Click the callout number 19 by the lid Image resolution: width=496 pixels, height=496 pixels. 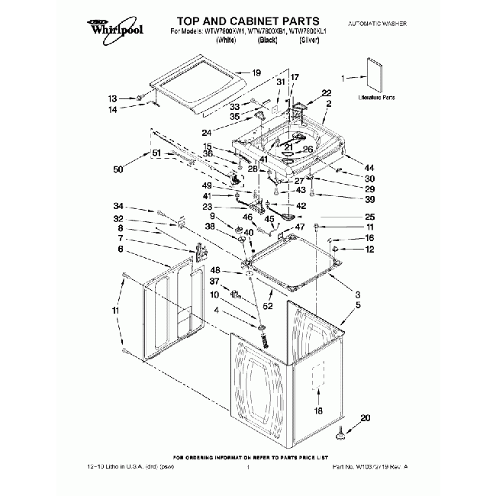pyautogui.click(x=256, y=73)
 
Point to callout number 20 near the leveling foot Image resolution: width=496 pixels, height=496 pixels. pyautogui.click(x=365, y=417)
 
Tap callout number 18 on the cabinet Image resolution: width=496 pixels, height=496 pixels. pyautogui.click(x=319, y=411)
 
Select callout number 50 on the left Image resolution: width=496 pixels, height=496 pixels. pyautogui.click(x=118, y=169)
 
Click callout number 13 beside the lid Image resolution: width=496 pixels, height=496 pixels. pyautogui.click(x=113, y=99)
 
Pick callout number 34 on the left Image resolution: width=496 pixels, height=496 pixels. pyautogui.click(x=118, y=207)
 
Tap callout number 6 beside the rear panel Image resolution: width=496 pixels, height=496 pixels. pyautogui.click(x=121, y=249)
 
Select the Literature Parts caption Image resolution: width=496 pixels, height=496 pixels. pyautogui.click(x=377, y=98)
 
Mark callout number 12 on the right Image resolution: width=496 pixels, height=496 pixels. pyautogui.click(x=369, y=249)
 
